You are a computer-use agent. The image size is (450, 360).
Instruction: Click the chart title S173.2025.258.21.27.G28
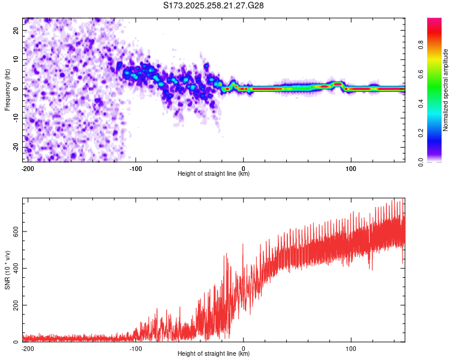point(214,6)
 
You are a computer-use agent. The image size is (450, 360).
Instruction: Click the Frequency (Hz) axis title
point(7,89)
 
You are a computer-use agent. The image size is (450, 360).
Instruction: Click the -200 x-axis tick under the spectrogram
point(26,167)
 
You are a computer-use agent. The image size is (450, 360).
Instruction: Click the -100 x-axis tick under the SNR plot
point(135,347)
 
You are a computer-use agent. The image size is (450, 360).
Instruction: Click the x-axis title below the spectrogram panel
point(214,174)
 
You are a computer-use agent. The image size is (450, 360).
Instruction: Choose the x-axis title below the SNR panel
point(214,354)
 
